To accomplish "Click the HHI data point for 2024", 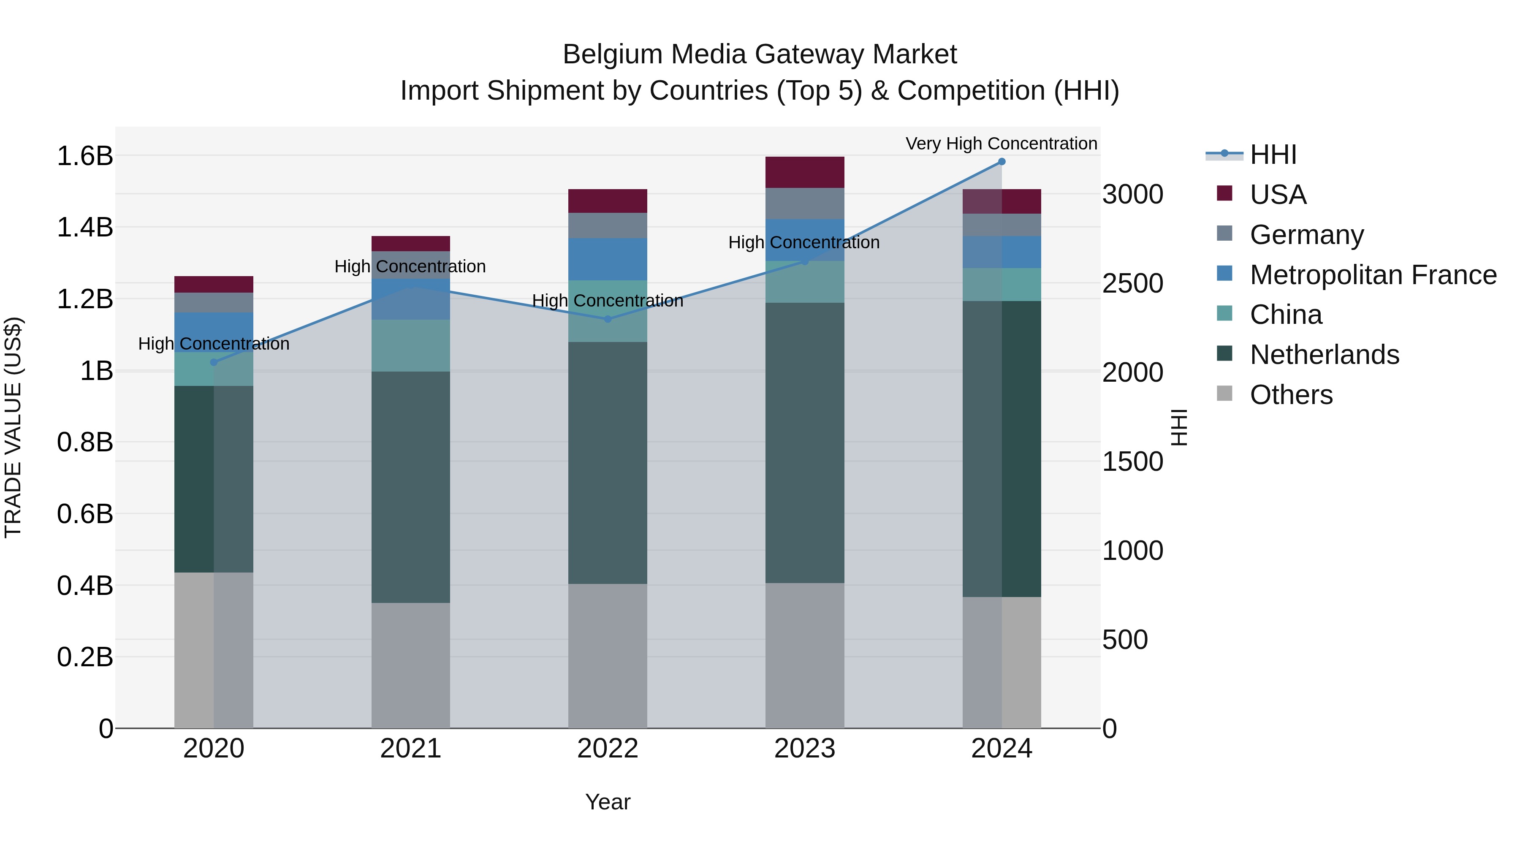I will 1002,162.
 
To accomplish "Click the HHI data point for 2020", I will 214,362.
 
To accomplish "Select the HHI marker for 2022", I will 608,319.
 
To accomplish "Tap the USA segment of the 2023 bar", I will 804,172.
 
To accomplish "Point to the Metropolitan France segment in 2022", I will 607,259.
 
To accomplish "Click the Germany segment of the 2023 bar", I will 804,204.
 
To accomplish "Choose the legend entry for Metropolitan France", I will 1373,275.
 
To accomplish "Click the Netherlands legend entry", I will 1324,355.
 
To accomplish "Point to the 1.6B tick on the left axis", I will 84,156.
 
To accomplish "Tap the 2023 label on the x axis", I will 804,749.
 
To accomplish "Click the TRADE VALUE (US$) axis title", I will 13,427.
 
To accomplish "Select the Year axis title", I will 607,802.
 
